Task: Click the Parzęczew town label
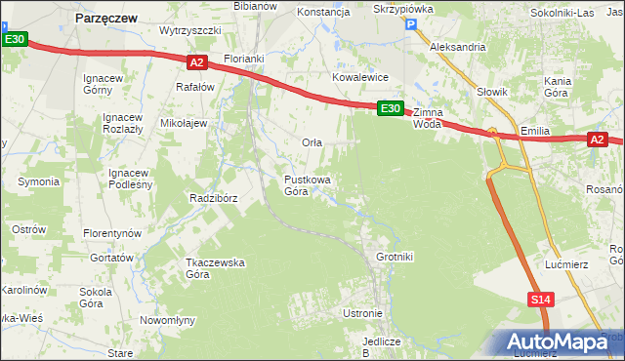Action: point(106,17)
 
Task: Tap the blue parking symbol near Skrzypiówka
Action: point(411,26)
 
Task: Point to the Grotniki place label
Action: point(395,257)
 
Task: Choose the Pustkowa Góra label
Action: point(307,185)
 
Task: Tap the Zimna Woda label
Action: point(428,118)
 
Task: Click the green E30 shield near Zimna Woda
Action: point(390,108)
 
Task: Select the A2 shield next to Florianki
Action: point(196,62)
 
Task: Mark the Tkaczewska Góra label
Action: point(215,268)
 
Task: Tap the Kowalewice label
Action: point(360,76)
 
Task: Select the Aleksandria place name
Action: point(458,46)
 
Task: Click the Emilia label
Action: point(536,131)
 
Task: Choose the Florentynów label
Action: point(112,234)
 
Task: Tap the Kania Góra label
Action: point(557,87)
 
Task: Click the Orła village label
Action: point(312,142)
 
